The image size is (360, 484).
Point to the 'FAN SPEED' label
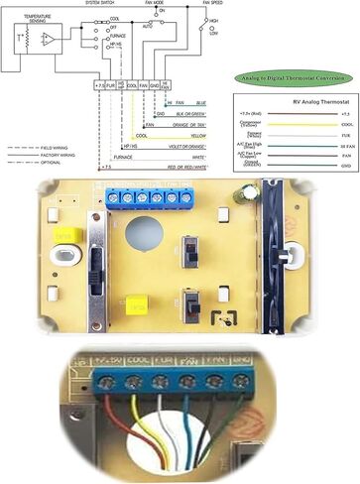(212, 4)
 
